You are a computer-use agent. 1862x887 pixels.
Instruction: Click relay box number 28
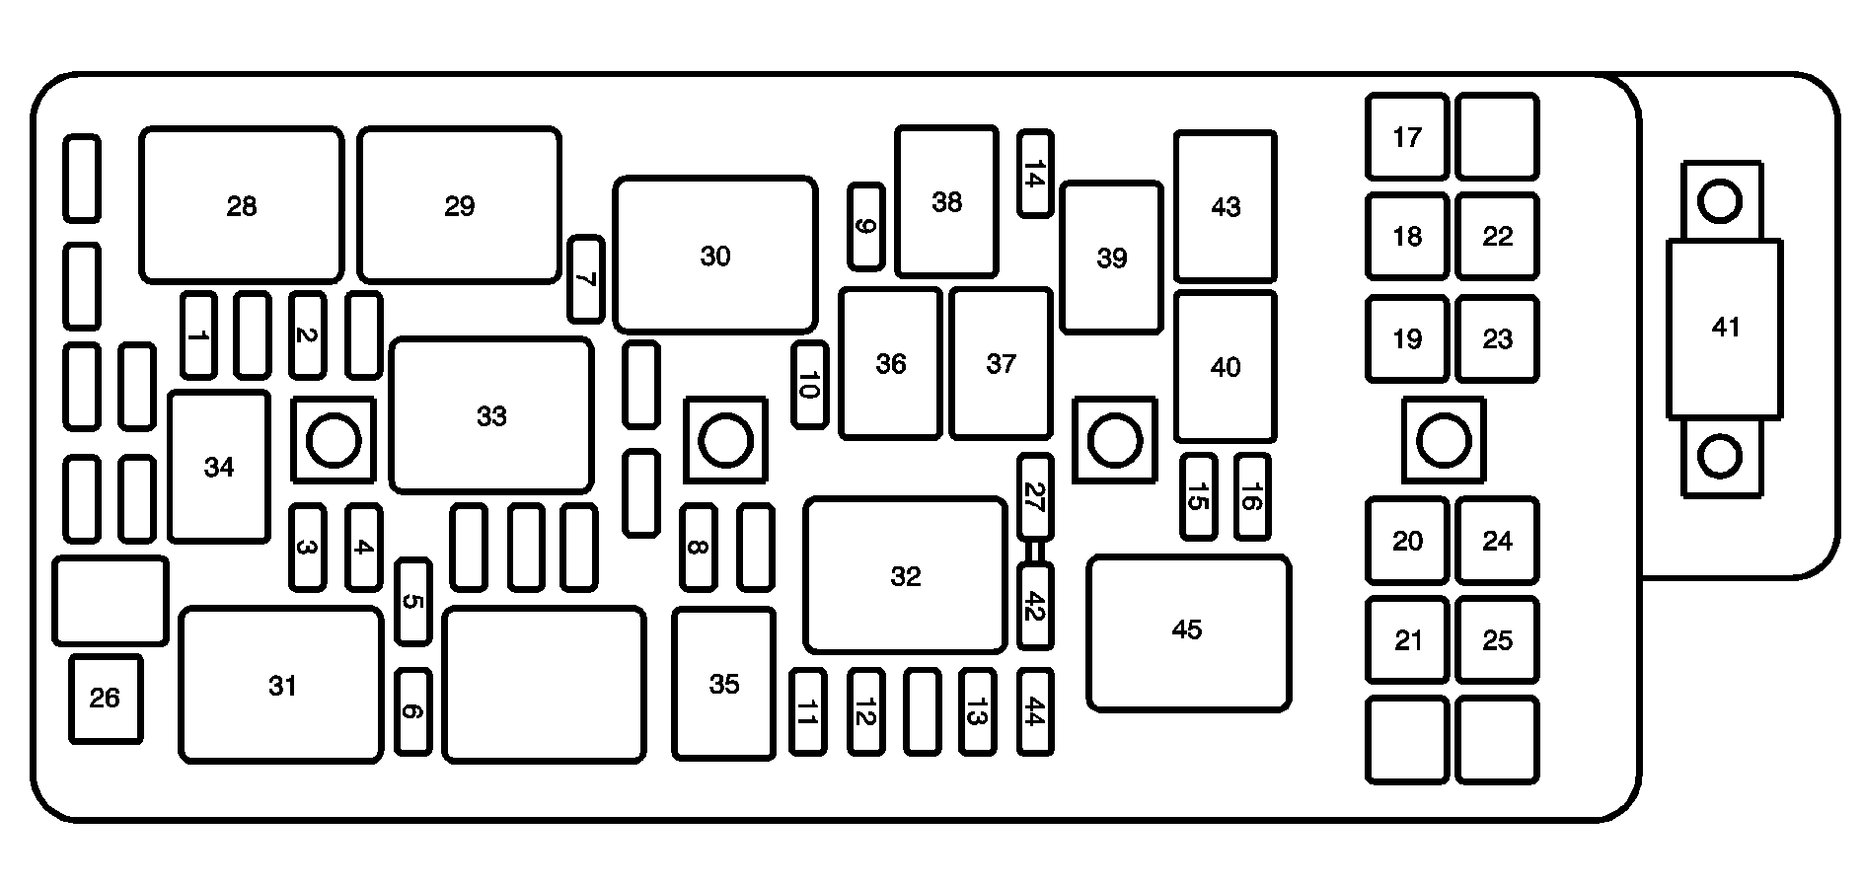(x=242, y=205)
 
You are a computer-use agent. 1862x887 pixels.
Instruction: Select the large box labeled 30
(x=714, y=255)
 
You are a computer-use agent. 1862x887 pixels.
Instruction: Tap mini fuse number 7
(x=586, y=279)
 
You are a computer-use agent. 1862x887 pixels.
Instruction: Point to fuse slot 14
(x=1034, y=175)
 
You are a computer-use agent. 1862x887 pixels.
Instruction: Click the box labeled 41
(x=1724, y=328)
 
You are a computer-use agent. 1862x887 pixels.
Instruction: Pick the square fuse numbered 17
(x=1407, y=136)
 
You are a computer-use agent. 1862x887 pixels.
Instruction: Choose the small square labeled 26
(x=105, y=699)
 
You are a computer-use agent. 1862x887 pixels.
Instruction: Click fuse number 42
(x=1034, y=607)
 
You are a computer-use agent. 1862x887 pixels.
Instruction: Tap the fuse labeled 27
(x=1034, y=496)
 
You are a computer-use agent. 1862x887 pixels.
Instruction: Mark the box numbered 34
(x=219, y=467)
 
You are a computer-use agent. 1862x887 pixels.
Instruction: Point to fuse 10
(x=809, y=385)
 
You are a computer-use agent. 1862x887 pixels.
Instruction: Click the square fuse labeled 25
(x=1497, y=640)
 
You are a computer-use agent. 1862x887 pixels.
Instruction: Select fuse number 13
(x=977, y=711)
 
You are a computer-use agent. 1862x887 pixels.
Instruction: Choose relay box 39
(x=1111, y=258)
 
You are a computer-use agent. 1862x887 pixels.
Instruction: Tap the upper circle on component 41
(x=1720, y=202)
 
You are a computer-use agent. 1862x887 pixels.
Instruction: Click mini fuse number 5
(x=412, y=602)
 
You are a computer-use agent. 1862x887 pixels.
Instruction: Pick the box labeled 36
(x=890, y=364)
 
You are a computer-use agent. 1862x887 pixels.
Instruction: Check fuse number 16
(x=1251, y=496)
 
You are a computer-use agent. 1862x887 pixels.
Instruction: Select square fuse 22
(x=1497, y=237)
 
